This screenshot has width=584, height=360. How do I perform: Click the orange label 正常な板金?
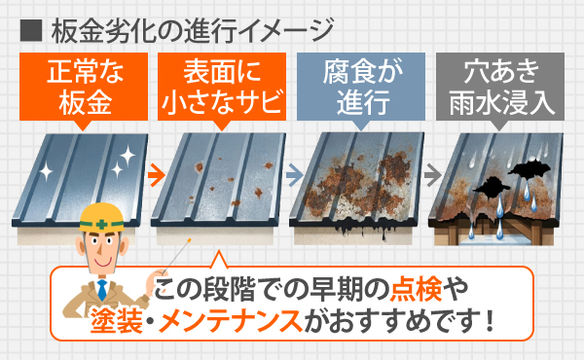(x=86, y=85)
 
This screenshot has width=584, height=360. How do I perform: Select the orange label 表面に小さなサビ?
(x=223, y=85)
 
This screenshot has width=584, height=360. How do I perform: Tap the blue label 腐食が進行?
(x=361, y=85)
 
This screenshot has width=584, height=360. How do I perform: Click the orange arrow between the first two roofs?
(x=153, y=175)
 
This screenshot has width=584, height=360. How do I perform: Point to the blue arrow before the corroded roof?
(x=291, y=175)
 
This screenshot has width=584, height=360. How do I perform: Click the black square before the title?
(x=26, y=27)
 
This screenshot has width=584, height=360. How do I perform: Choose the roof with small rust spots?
(x=221, y=180)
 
